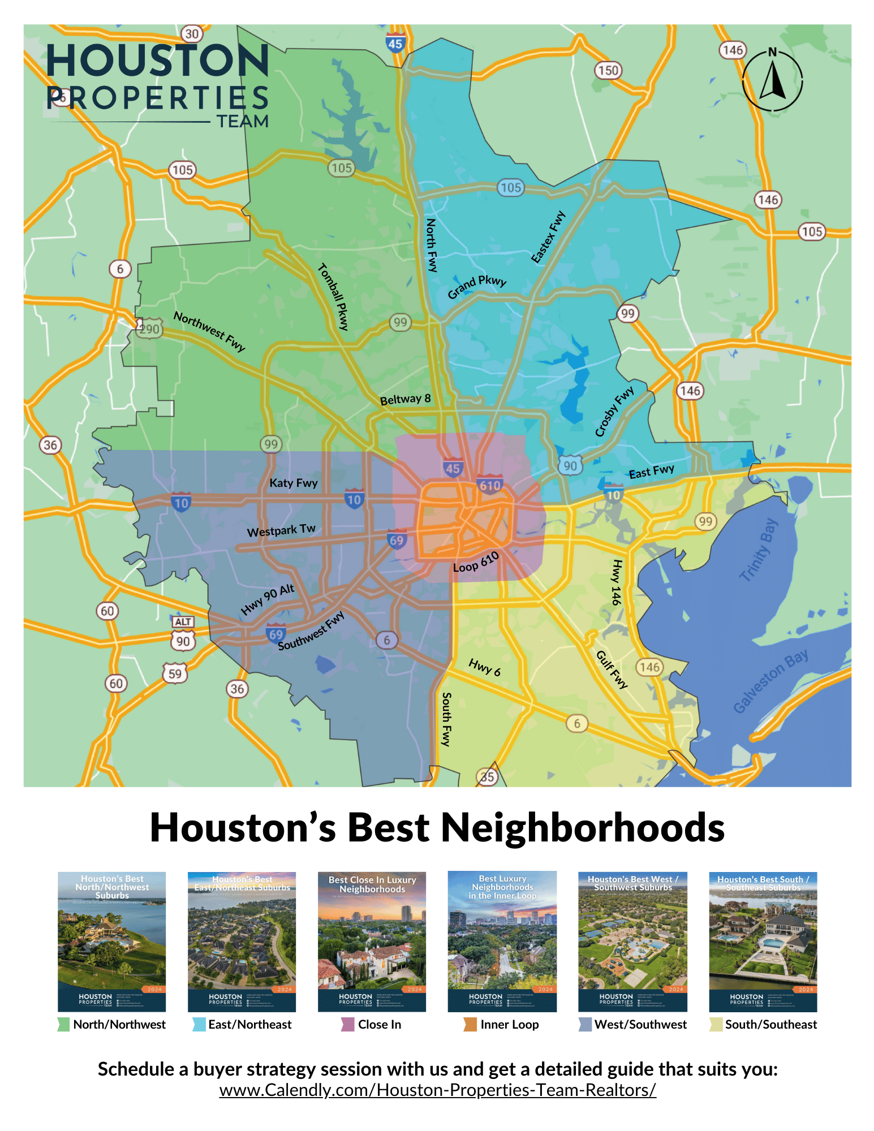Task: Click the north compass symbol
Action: coord(772,79)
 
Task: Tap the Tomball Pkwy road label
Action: coord(334,296)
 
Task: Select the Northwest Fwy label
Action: coord(209,331)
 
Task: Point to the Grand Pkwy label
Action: coord(477,287)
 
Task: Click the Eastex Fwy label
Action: coord(548,237)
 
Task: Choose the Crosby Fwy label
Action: coord(614,412)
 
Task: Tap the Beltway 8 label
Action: coord(405,399)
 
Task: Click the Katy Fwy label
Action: coord(293,483)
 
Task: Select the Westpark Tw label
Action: coord(281,530)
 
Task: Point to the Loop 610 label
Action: coord(476,562)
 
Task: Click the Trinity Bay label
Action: coord(759,550)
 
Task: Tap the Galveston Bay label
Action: coord(770,681)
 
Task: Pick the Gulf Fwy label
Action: coord(612,670)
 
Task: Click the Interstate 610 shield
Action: coord(490,485)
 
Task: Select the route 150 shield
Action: coord(608,71)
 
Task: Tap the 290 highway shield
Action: coord(149,329)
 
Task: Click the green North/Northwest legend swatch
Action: coord(63,1024)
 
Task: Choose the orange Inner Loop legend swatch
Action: coord(470,1024)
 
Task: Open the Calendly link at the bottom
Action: coord(437,1090)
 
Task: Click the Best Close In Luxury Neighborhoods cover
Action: coord(372,941)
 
